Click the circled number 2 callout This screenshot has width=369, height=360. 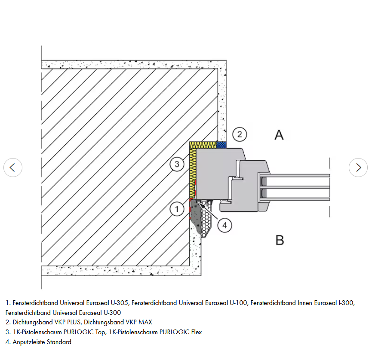(240, 134)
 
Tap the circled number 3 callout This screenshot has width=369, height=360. (177, 164)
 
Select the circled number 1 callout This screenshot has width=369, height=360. (177, 209)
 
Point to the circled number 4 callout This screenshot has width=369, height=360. (224, 224)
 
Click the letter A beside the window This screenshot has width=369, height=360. (279, 135)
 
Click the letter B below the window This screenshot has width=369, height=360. (280, 240)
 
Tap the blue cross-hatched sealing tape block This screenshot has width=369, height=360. (221, 144)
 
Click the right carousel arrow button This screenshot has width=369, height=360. (358, 168)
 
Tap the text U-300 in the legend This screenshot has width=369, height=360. (112, 312)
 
